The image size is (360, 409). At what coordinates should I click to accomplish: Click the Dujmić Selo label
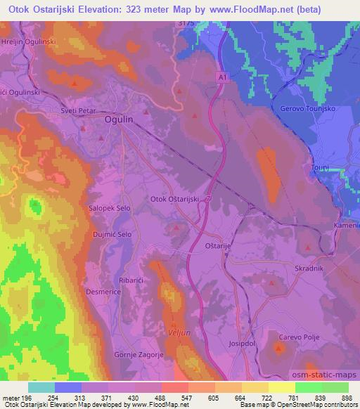112,233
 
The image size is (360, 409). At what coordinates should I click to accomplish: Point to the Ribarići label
133,280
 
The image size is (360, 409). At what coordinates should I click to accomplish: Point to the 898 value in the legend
346,398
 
